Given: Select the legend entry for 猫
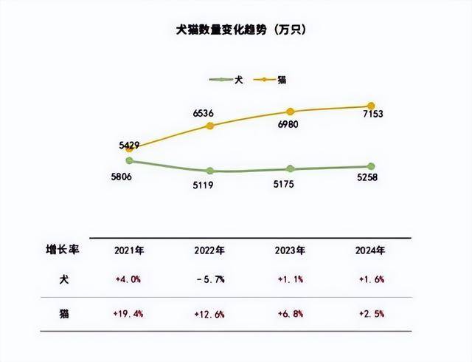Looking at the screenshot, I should (271, 79).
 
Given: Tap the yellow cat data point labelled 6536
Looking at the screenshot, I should (210, 126).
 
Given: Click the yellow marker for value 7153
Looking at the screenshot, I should (371, 106).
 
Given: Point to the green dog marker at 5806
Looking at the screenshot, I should (129, 160).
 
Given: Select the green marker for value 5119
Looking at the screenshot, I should (210, 171).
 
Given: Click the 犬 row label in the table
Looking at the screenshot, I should (63, 280).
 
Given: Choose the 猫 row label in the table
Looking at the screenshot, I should (63, 314).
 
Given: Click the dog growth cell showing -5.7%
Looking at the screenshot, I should (210, 280).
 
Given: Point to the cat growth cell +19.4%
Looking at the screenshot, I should (129, 314).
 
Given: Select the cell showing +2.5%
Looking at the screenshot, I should (371, 314).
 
